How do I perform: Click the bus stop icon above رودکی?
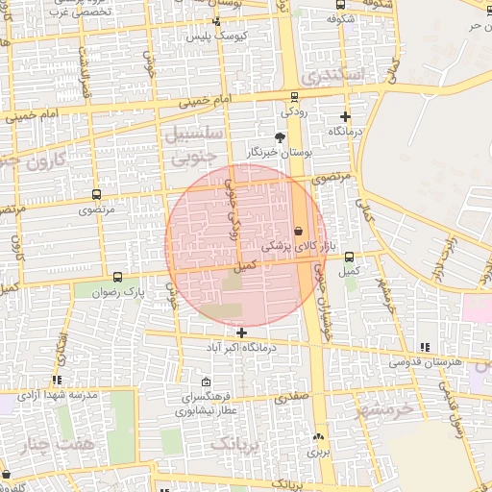click(x=294, y=95)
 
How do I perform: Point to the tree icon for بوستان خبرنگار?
click(x=280, y=137)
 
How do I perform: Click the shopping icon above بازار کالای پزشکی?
click(x=298, y=231)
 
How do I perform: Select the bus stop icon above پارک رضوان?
click(x=117, y=276)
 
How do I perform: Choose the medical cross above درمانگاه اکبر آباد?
click(x=241, y=332)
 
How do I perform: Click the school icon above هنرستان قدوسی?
click(x=426, y=347)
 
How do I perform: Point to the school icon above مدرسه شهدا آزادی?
click(x=58, y=381)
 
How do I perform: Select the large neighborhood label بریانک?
click(x=234, y=444)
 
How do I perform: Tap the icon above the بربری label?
click(x=318, y=437)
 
